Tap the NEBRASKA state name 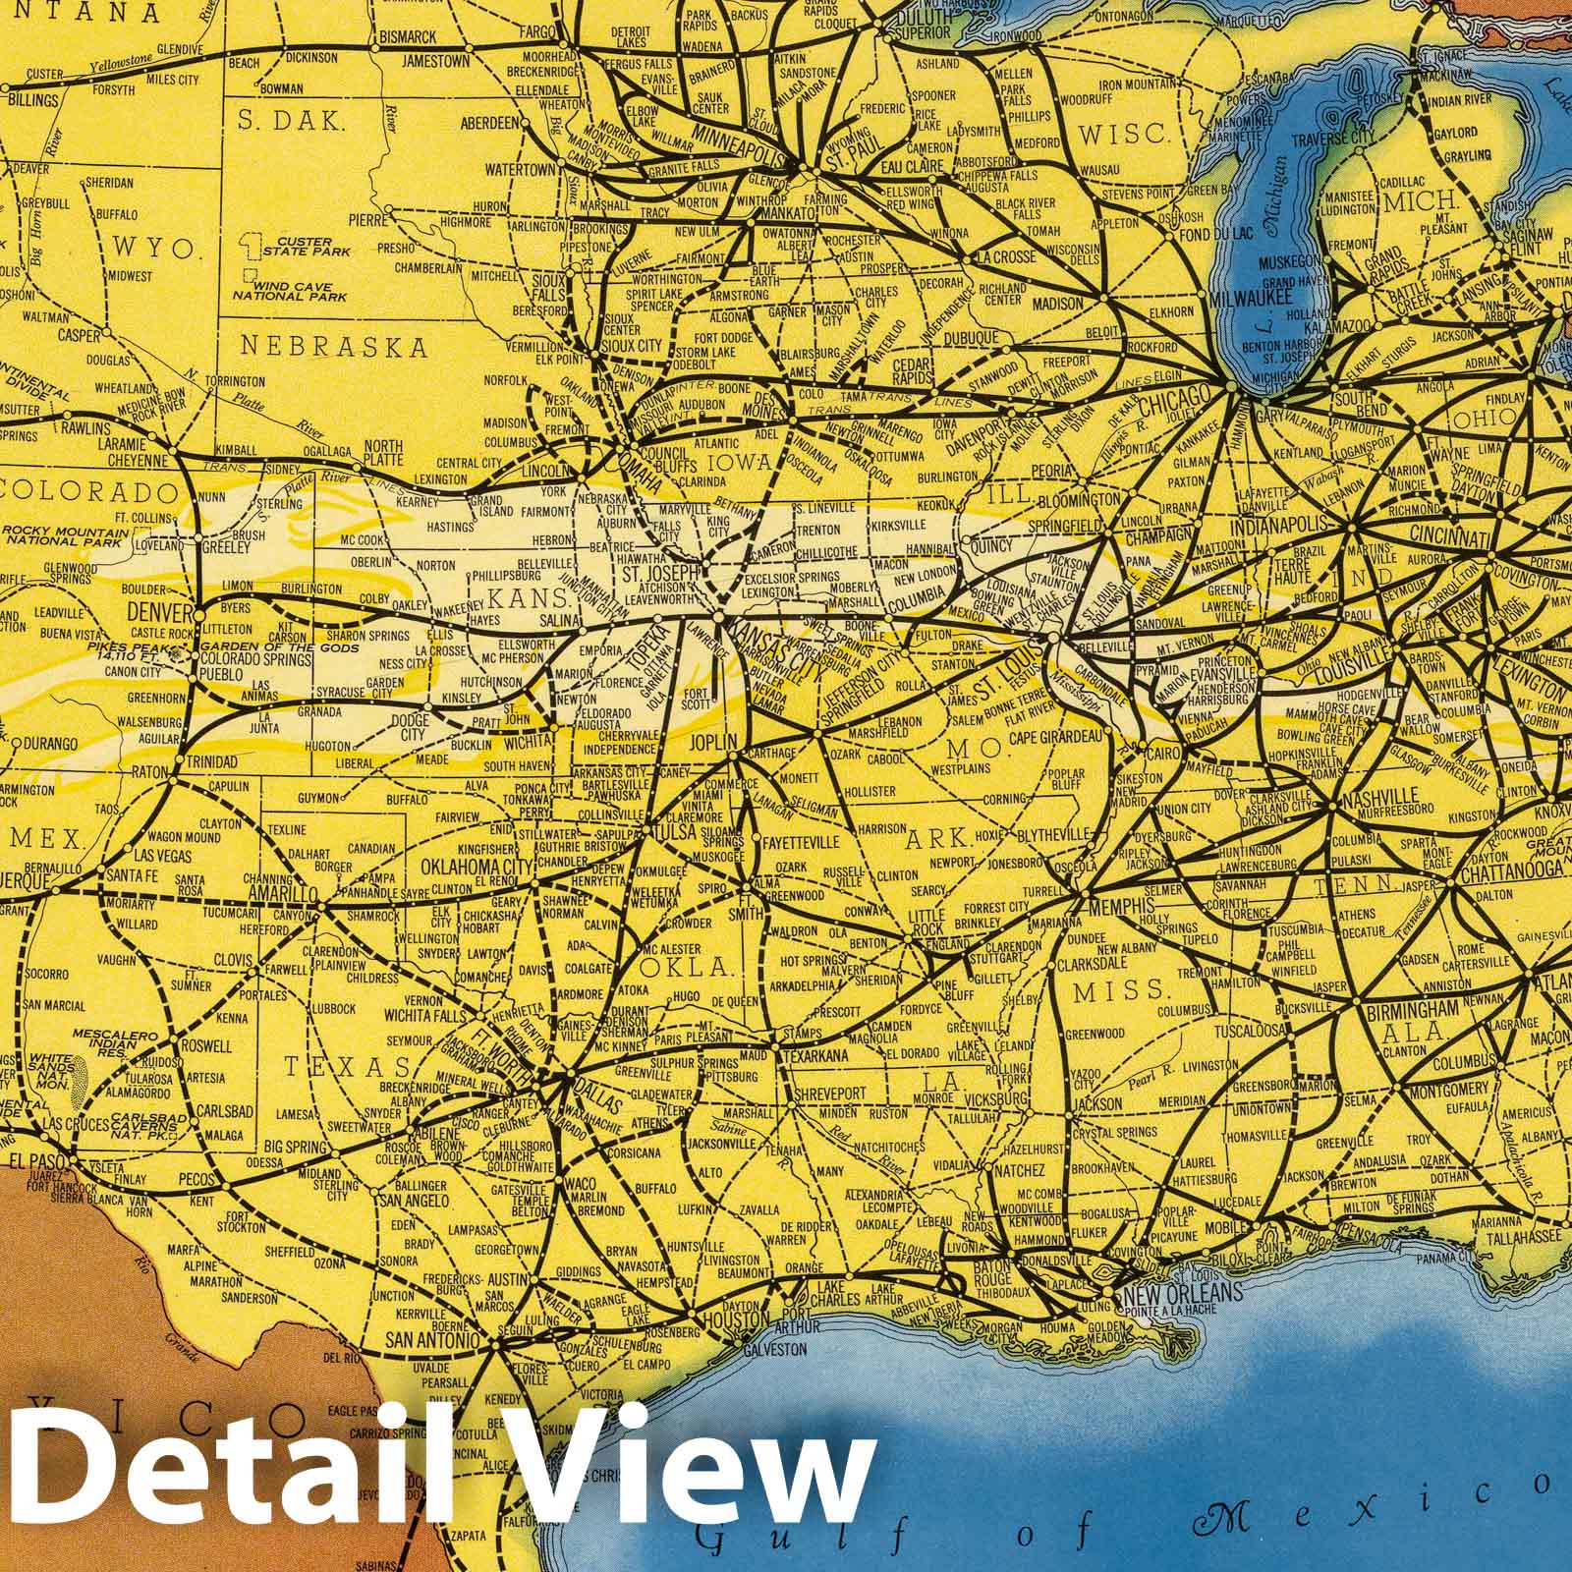click(334, 347)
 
